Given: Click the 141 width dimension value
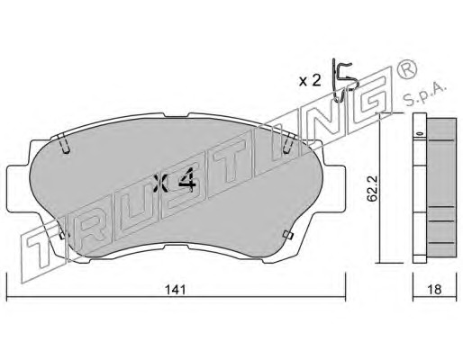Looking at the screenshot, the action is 176,290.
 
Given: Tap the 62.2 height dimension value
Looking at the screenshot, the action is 373,189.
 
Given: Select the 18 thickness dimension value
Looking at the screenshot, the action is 434,290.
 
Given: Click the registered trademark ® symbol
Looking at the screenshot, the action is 407,69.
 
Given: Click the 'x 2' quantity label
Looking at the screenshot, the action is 310,81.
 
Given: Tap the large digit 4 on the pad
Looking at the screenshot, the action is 187,180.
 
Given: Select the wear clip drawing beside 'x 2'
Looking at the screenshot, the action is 345,80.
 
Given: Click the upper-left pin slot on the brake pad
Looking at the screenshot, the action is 64,143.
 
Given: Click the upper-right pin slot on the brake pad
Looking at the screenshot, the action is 289,143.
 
